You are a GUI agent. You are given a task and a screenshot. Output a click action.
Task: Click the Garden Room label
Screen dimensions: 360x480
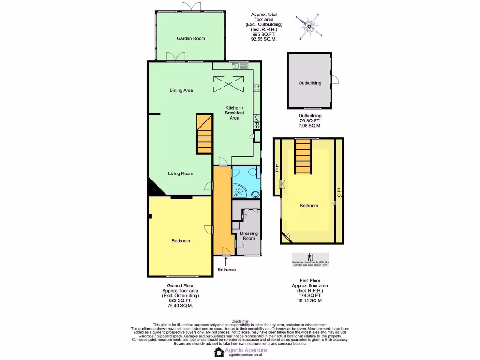point(191,38)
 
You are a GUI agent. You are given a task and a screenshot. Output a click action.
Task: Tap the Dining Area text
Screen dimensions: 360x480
point(181,90)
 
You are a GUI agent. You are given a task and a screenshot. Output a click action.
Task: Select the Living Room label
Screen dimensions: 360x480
point(180,173)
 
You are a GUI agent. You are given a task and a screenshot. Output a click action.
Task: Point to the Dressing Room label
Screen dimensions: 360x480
point(248,235)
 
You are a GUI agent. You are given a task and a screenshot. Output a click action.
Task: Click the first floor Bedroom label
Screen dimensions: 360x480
point(309,206)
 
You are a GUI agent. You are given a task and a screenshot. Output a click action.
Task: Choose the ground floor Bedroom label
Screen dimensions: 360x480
point(180,241)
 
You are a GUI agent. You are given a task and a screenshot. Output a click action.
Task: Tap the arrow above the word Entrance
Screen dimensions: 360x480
point(226,261)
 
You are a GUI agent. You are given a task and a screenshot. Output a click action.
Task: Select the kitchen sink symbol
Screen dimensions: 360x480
point(236,66)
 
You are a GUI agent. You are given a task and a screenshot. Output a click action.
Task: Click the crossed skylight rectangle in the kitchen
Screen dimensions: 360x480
point(229,84)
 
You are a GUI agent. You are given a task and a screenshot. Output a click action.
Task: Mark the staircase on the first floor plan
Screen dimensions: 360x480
point(304,156)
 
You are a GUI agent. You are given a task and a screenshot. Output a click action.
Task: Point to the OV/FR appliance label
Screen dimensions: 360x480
point(256,122)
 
